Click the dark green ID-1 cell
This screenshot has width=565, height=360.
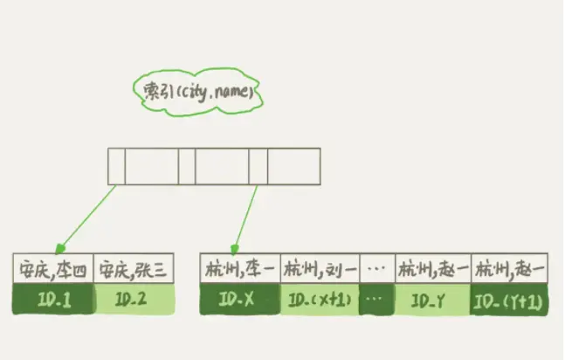point(51,299)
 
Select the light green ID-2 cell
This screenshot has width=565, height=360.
point(132,299)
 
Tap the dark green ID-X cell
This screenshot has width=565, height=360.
point(239,299)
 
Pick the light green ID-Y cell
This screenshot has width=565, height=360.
point(431,299)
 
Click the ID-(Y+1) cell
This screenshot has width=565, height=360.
point(510,299)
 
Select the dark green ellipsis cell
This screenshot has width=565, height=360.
point(376,299)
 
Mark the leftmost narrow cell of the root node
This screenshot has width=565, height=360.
point(116,166)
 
